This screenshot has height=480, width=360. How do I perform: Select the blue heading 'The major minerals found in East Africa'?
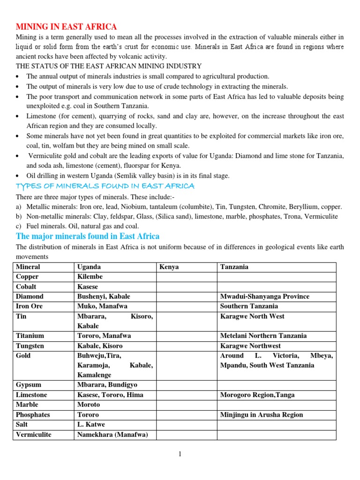(88, 236)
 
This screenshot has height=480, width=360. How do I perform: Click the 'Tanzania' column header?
(234, 267)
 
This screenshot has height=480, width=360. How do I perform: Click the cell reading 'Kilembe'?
(90, 277)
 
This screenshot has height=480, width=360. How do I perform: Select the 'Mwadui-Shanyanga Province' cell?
(265, 296)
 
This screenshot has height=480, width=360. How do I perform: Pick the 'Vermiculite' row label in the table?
(34, 435)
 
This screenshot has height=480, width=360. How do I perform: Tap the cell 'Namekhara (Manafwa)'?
(112, 435)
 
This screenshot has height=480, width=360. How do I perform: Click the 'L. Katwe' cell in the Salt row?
(91, 425)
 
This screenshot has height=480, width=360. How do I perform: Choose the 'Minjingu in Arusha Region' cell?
(262, 414)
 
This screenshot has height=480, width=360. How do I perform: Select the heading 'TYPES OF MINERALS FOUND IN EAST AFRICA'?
(105, 186)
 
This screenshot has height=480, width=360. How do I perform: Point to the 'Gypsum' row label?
(29, 385)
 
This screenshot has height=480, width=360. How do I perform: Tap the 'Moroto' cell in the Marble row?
(89, 405)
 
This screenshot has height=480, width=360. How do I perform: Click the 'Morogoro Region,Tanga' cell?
(257, 395)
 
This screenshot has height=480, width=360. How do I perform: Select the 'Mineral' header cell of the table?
(28, 267)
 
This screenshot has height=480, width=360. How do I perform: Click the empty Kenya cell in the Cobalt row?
(186, 286)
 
